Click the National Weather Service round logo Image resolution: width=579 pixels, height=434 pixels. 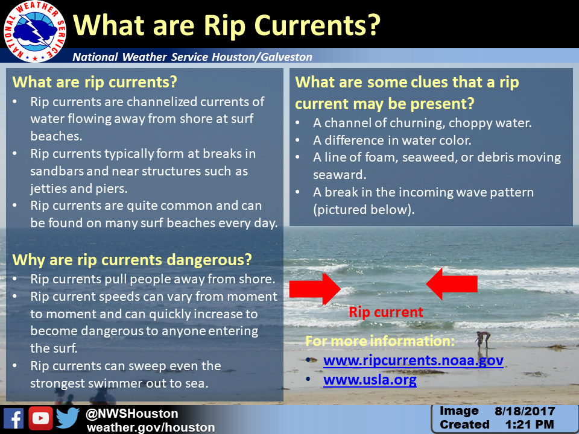[x=35, y=31]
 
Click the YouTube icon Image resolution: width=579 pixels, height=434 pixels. [x=40, y=418]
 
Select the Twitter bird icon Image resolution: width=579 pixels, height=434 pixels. [x=68, y=418]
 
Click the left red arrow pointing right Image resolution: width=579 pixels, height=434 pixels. [x=315, y=289]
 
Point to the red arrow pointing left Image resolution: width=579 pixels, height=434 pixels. [x=452, y=284]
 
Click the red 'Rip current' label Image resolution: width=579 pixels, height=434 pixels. [x=386, y=312]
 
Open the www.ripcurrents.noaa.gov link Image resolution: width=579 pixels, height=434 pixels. [x=413, y=360]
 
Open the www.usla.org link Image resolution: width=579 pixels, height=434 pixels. [x=370, y=380]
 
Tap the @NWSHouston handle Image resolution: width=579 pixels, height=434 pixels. [x=132, y=414]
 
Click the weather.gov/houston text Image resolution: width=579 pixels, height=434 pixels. [x=151, y=427]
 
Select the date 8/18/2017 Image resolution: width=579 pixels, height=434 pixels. [x=525, y=411]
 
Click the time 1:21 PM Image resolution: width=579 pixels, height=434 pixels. [x=530, y=425]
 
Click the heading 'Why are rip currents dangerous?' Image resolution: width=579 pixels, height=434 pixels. [x=132, y=260]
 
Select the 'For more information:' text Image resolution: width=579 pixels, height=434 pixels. [x=380, y=341]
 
